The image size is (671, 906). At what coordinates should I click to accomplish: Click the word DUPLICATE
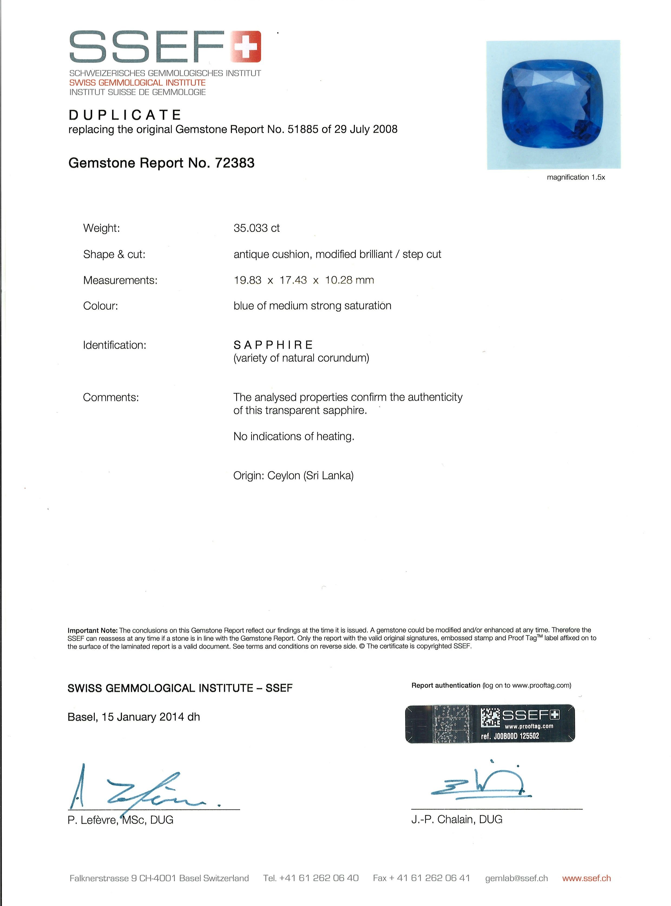tap(125, 115)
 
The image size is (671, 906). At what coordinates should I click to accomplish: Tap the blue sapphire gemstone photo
tap(553, 104)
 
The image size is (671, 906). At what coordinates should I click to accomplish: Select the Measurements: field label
tap(120, 280)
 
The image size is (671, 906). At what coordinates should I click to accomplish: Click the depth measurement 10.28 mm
tap(349, 280)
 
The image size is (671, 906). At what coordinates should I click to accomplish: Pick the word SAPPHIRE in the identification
tap(273, 345)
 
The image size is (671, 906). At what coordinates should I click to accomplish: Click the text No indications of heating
tap(294, 436)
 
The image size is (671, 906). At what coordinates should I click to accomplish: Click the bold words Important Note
tap(93, 630)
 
